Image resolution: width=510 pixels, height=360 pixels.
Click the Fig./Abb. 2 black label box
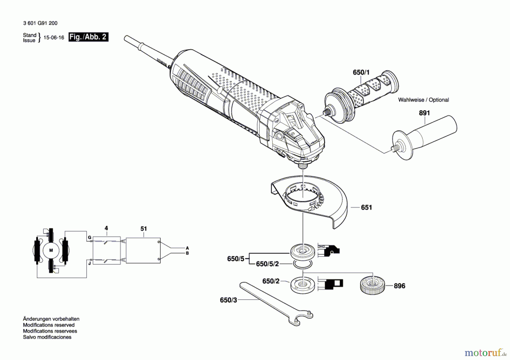tap(88, 37)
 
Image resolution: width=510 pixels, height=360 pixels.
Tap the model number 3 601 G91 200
tap(40, 23)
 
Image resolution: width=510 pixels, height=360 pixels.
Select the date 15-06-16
tap(54, 38)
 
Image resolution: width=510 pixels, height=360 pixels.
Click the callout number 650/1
tap(361, 73)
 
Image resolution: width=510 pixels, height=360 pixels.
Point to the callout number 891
tap(424, 113)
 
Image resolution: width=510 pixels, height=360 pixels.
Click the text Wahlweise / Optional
tap(423, 100)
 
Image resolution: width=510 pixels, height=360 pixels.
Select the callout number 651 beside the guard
tap(366, 208)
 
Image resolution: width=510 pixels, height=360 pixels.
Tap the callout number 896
tap(399, 286)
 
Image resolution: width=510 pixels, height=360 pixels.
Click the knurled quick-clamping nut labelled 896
tap(372, 285)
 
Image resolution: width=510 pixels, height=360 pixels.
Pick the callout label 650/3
tap(228, 300)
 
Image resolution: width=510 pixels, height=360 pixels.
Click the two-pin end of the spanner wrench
tap(302, 319)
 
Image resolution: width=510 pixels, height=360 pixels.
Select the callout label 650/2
tap(271, 281)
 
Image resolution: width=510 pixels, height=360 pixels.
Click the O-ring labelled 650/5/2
tap(302, 265)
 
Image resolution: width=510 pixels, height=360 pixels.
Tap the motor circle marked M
tap(51, 250)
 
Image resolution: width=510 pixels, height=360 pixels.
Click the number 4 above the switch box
tap(106, 228)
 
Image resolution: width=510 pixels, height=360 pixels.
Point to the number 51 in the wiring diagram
tap(144, 229)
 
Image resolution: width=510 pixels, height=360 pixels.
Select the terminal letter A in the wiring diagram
tap(187, 248)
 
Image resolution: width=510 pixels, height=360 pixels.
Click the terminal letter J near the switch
tap(90, 263)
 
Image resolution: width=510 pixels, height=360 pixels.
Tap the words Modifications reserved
tap(49, 325)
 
